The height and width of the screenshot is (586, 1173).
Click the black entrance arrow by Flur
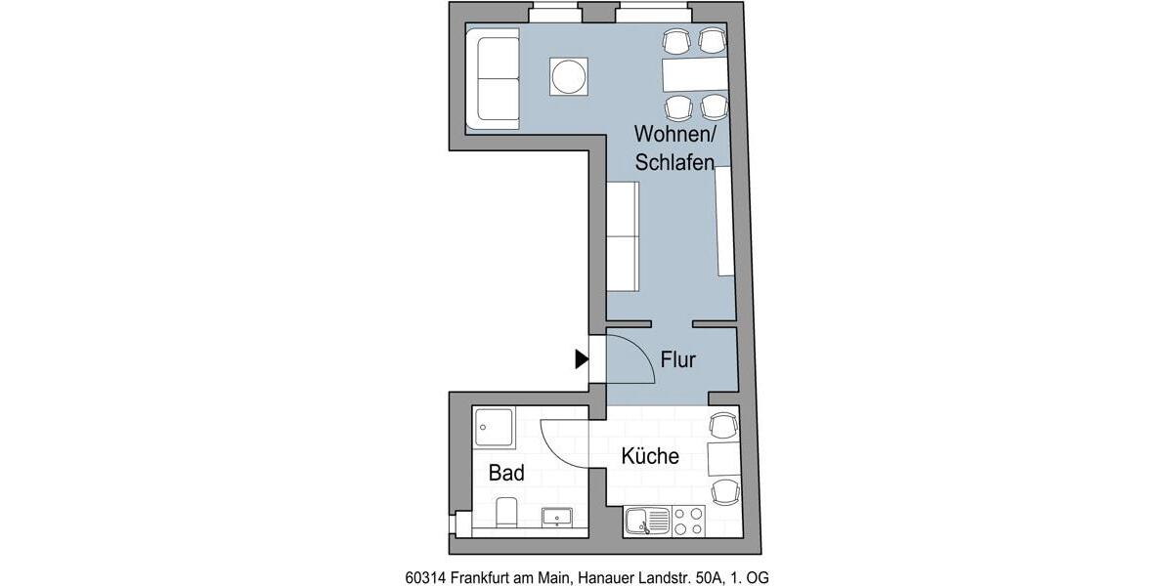tap(582, 359)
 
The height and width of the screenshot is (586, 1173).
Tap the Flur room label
tap(677, 359)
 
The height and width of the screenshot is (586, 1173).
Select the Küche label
tap(650, 456)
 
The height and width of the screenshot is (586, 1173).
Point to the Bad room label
tap(506, 474)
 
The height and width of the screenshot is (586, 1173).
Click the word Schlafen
tap(673, 163)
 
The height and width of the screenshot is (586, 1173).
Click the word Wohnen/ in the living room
tap(673, 133)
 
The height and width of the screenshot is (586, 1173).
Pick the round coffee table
tap(569, 76)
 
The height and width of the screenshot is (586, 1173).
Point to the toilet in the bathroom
tap(505, 513)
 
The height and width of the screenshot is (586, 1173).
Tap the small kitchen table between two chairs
tap(724, 458)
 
